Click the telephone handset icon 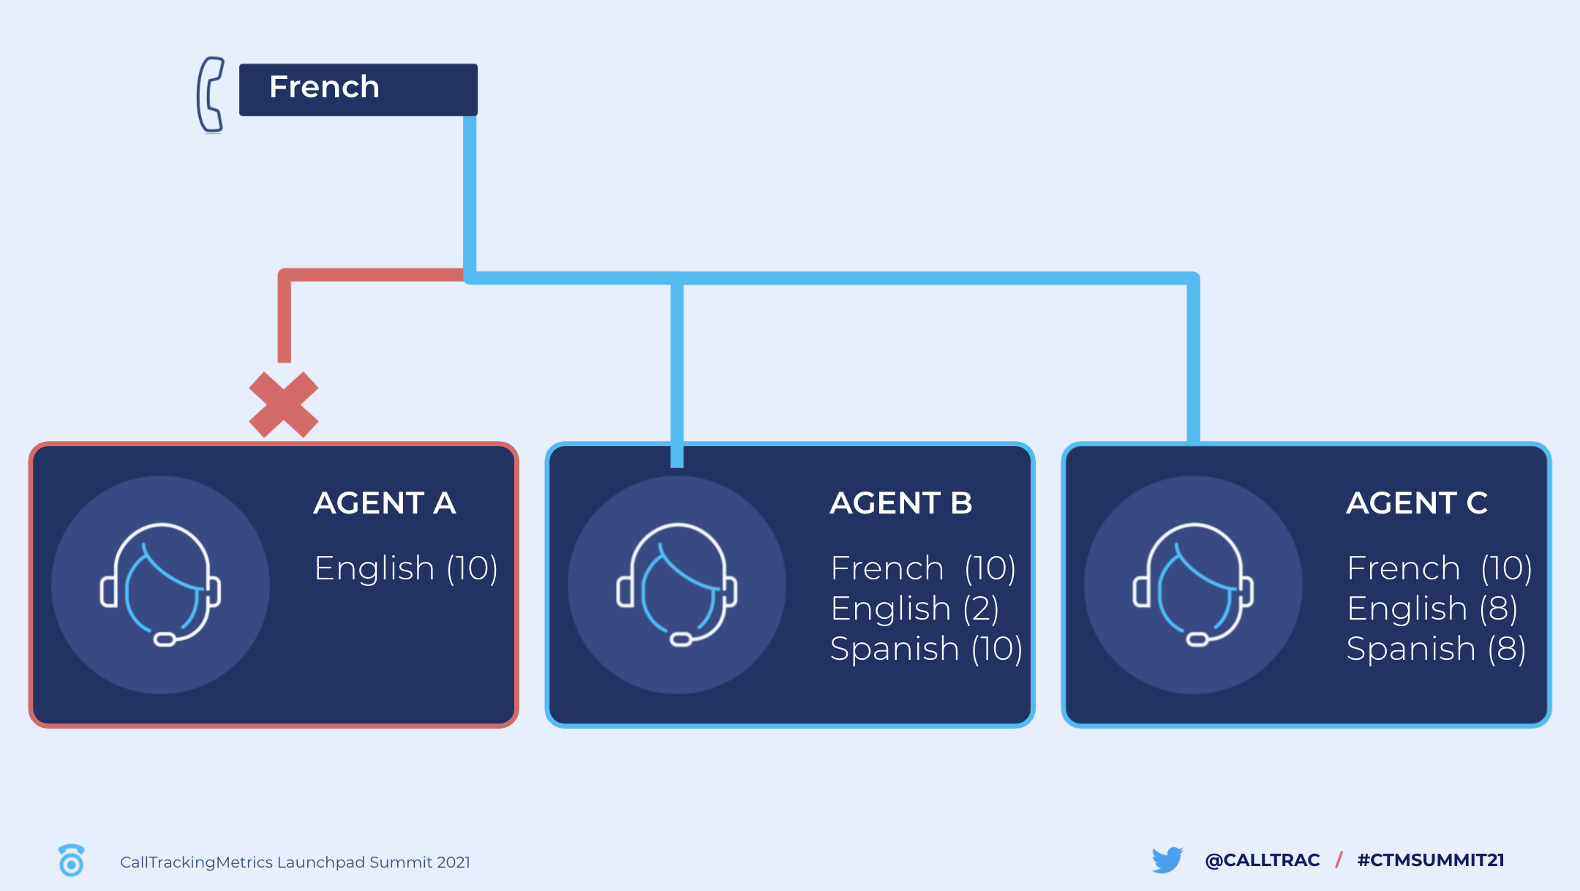click(210, 95)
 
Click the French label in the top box click(324, 87)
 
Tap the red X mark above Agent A click(284, 405)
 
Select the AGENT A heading click(385, 503)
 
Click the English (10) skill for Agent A click(406, 568)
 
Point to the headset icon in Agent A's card click(161, 584)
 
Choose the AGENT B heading click(901, 503)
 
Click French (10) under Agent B click(923, 568)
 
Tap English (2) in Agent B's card click(915, 609)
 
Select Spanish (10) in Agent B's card click(926, 649)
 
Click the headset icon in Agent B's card click(677, 584)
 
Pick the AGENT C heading click(1417, 503)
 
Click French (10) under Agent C click(1440, 568)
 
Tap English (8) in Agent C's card click(1432, 609)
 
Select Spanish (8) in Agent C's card click(1436, 649)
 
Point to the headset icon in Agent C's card click(1194, 584)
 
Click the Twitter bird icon click(1167, 860)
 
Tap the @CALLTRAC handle click(1263, 860)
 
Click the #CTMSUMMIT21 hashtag click(1431, 860)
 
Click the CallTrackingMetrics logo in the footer click(71, 860)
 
